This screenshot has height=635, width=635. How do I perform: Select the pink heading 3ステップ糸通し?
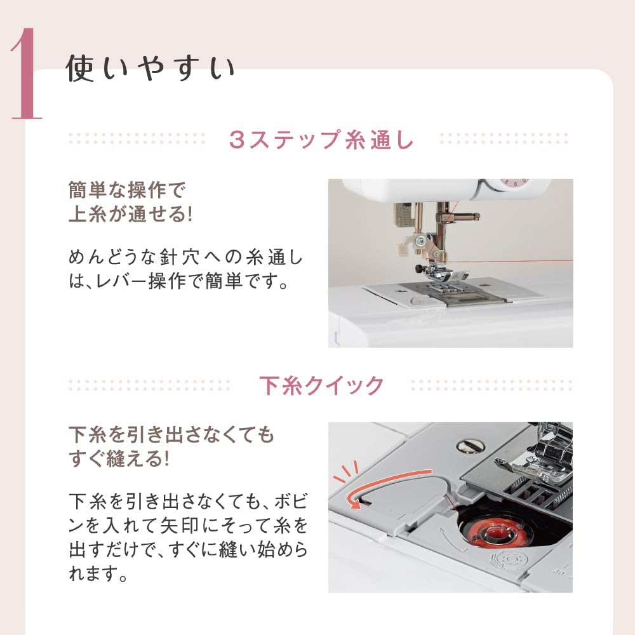(321, 138)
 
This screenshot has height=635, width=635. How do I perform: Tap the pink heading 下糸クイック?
(321, 385)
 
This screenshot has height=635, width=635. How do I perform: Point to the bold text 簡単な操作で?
(130, 190)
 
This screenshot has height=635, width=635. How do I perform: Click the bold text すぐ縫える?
(119, 458)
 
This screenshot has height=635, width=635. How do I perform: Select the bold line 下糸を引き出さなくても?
(171, 435)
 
